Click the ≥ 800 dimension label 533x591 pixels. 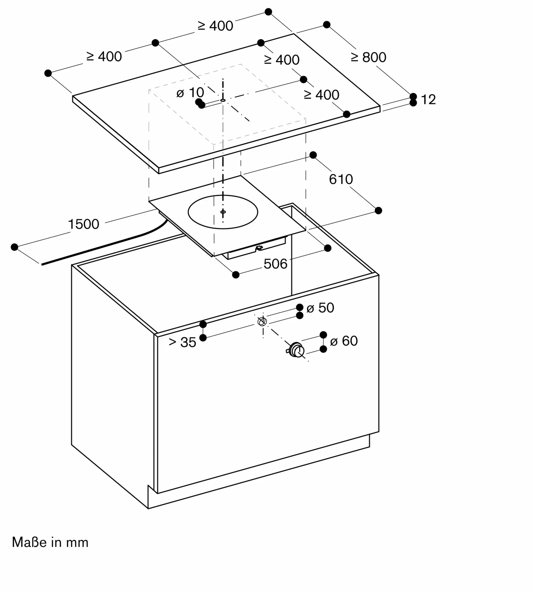coord(368,57)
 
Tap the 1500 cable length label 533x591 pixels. coord(84,224)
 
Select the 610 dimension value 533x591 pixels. coord(341,179)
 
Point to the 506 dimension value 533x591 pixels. coord(275,264)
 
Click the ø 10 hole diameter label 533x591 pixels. coord(190,93)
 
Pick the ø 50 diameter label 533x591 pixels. coord(320,308)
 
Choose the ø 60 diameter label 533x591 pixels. coord(344,341)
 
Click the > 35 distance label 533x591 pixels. coord(182,342)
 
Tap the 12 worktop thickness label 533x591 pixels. coord(428,100)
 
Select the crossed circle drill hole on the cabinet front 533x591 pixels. coord(262,321)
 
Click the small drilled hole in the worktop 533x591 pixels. coord(223,100)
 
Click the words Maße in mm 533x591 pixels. coord(50,543)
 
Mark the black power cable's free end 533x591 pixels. coord(42,264)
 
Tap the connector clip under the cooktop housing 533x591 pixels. coord(259,248)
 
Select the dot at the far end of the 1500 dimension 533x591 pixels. coord(14,247)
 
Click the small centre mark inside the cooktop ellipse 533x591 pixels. coord(223,212)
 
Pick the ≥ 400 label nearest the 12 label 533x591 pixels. coord(322,95)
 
